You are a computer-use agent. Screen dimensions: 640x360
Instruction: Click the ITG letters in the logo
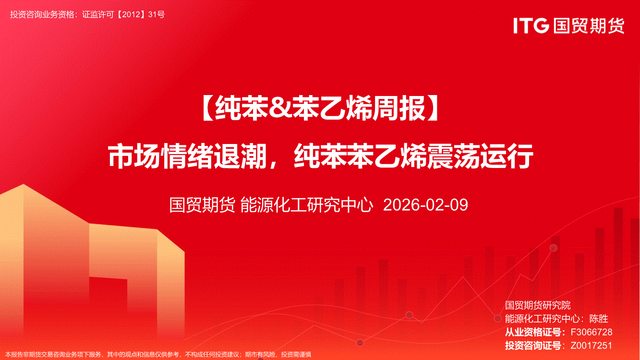pos(531,25)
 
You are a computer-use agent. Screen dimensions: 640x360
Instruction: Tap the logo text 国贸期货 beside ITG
pos(589,25)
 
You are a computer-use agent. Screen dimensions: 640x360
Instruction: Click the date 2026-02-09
pos(425,205)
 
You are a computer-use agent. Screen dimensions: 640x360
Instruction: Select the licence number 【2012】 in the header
pos(132,14)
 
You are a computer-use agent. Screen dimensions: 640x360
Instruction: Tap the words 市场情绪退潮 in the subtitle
pos(187,156)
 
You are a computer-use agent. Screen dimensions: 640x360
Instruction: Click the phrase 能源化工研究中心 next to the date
pos(307,205)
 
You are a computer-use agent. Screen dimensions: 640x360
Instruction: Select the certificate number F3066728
pos(592,332)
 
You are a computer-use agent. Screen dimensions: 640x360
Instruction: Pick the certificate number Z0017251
pos(592,346)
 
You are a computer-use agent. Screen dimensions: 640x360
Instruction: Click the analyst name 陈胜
pos(599,319)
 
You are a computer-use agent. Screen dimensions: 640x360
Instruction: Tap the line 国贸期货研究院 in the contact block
pos(538,305)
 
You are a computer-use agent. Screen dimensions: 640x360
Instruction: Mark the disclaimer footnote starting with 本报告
pos(158,355)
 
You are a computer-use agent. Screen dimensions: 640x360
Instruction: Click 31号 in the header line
pos(157,14)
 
